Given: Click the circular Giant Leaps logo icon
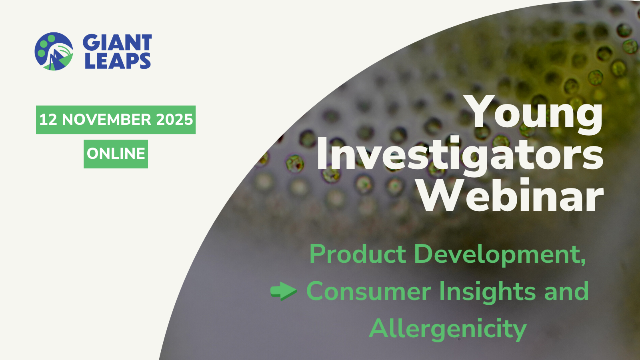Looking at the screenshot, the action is pos(54,52).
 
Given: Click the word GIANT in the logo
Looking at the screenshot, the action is pos(117,42).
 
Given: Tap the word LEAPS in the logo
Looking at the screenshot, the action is pos(118,60).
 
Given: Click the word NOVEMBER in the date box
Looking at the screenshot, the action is pos(106,120).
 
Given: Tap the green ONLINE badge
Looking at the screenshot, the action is pos(116,154).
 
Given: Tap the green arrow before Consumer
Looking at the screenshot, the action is pos(284,291).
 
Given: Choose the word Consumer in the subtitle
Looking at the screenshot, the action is pos(368,292).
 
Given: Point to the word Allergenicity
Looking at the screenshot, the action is pos(448,330).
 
